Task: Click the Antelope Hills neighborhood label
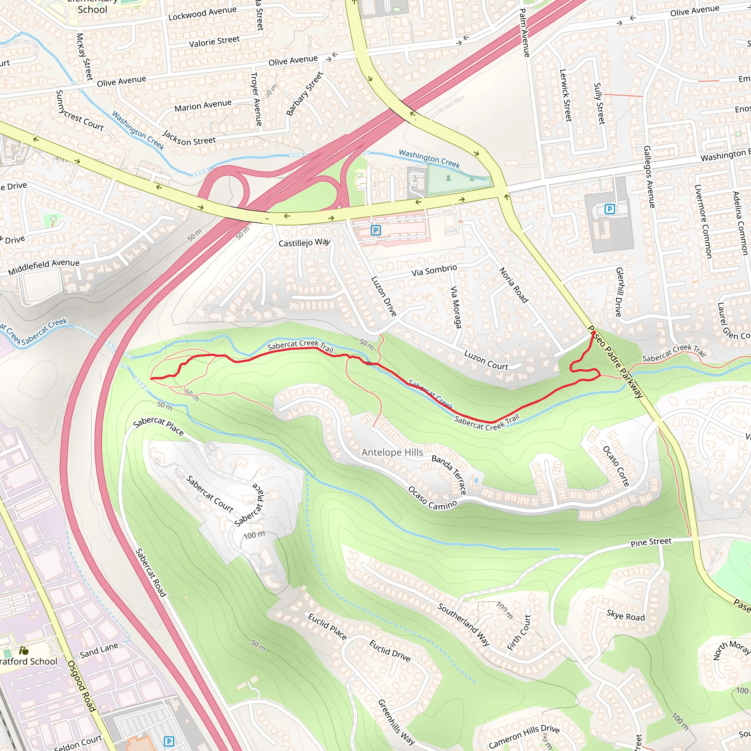(x=392, y=453)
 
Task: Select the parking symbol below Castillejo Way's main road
(x=375, y=230)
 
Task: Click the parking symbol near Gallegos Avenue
(x=609, y=209)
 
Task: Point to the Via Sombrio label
(x=434, y=270)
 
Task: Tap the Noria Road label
(x=513, y=285)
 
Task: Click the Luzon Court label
(x=486, y=360)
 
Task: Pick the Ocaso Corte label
(x=616, y=466)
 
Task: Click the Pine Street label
(x=651, y=542)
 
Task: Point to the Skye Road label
(x=626, y=616)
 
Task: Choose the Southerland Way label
(x=464, y=624)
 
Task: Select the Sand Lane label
(x=99, y=650)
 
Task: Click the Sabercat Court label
(x=209, y=494)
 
